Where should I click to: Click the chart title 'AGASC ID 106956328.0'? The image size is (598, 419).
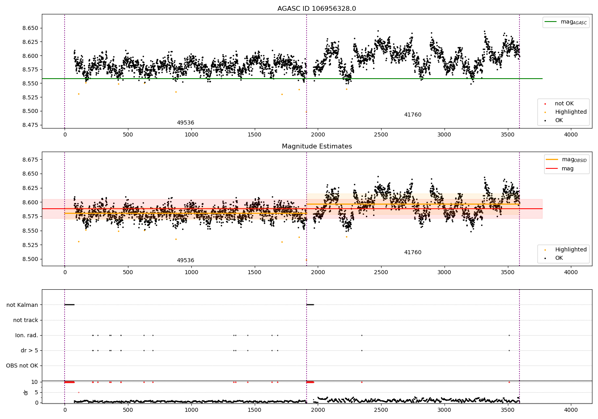[x=317, y=8]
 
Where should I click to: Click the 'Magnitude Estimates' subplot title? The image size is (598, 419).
[x=317, y=146]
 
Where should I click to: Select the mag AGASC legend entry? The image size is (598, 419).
[x=566, y=22]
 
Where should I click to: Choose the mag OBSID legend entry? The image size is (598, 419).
[x=566, y=160]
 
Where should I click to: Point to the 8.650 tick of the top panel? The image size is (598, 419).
[x=30, y=28]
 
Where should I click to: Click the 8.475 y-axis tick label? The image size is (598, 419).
[x=30, y=125]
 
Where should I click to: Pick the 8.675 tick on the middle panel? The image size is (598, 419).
[x=30, y=160]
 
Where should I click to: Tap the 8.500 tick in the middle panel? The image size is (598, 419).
[x=30, y=259]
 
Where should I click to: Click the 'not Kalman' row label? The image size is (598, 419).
[x=22, y=305]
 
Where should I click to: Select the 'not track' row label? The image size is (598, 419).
[x=26, y=320]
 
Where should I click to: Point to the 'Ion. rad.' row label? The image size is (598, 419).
[x=26, y=335]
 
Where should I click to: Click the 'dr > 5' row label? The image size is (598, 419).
[x=30, y=350]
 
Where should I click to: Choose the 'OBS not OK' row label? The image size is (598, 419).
[x=22, y=366]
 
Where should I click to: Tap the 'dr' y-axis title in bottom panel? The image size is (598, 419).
[x=26, y=393]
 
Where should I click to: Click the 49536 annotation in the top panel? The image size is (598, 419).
[x=185, y=123]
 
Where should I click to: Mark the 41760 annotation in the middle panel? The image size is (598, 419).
[x=413, y=252]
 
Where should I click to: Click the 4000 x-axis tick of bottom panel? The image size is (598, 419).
[x=571, y=410]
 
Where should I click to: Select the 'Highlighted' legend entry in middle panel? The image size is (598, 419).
[x=566, y=249]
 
